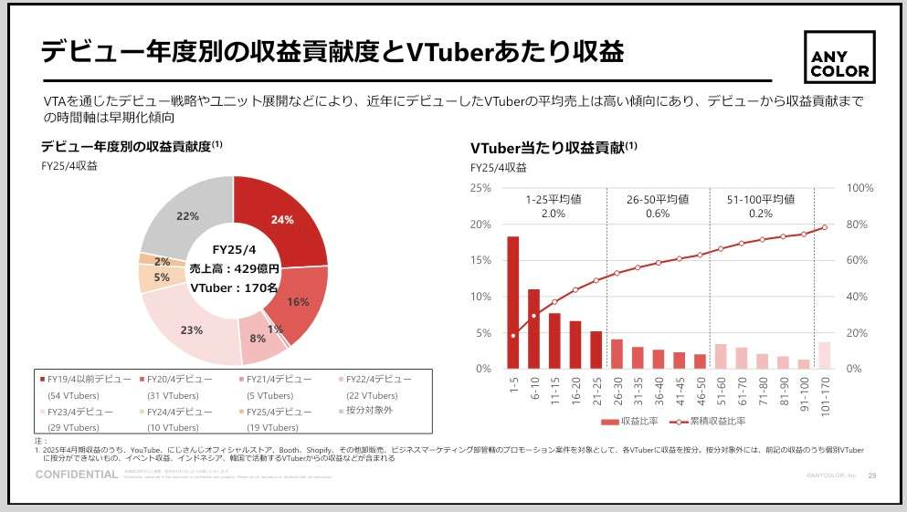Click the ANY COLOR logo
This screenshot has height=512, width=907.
pos(838,57)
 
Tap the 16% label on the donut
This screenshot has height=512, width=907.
pos(298,302)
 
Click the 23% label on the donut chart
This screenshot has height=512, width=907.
pos(191,330)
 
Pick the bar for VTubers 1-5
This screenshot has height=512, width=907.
pos(513,302)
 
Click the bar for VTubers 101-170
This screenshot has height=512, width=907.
pos(825,355)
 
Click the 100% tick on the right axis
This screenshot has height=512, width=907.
pos(860,188)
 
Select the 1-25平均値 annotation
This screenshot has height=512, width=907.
pos(554,205)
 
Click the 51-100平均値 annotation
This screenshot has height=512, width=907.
pos(760,205)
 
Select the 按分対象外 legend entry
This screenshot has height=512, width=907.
pos(369,411)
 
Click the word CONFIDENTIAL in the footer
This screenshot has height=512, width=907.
pos(76,475)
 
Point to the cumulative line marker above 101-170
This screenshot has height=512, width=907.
pos(825,227)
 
